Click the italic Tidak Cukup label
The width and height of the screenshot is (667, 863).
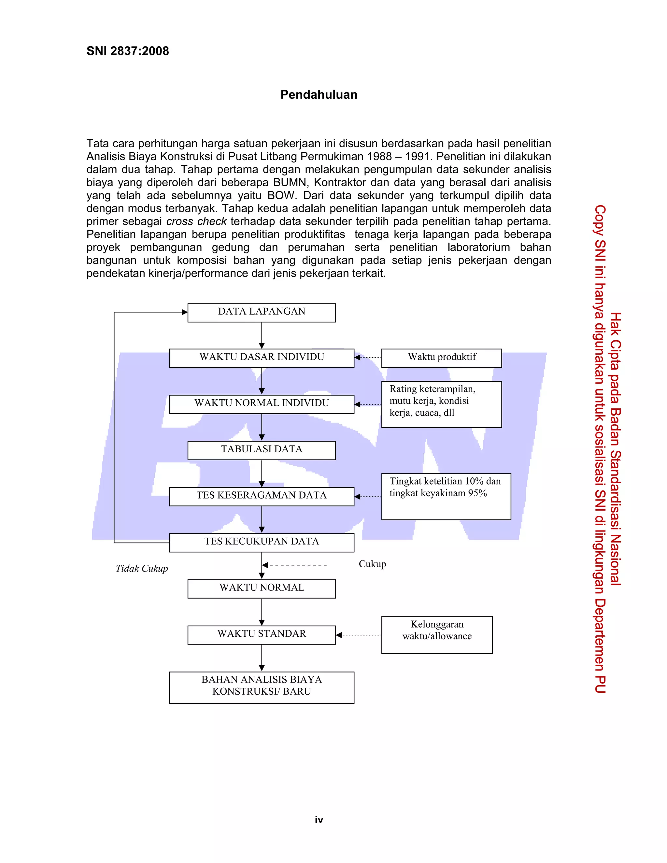(x=142, y=569)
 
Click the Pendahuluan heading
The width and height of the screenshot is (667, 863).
(x=319, y=95)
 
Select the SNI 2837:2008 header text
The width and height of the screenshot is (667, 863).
(x=128, y=51)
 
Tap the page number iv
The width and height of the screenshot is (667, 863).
(x=319, y=820)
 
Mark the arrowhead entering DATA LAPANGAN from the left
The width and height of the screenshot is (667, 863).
(x=185, y=312)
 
